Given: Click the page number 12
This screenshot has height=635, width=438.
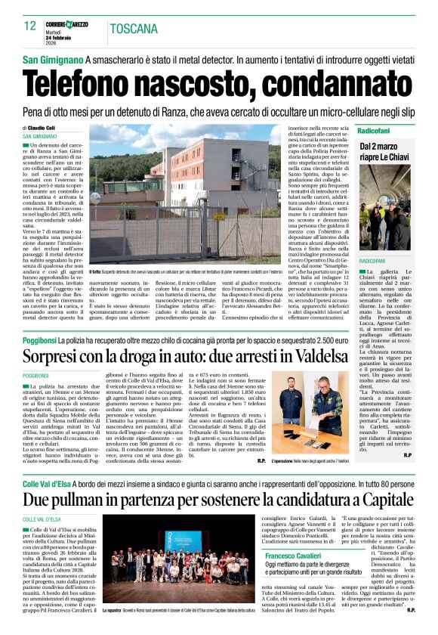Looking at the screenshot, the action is click(29, 26).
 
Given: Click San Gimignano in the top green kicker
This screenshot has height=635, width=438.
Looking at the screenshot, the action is click(53, 60).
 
